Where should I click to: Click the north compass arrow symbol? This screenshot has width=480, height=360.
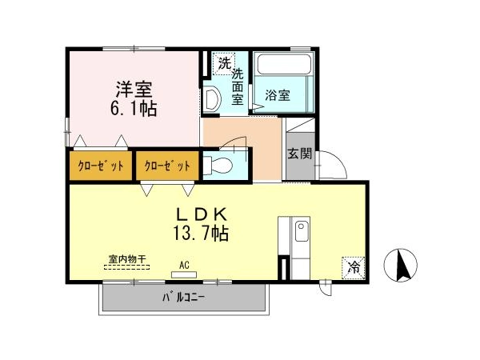401,265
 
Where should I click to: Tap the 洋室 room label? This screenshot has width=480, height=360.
134,90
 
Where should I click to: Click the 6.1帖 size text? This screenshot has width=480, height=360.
134,108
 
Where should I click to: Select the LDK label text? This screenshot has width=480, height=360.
202,214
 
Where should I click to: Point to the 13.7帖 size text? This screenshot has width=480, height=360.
201,234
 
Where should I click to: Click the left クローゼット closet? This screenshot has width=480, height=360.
101,166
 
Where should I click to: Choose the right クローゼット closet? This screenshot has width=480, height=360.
167,166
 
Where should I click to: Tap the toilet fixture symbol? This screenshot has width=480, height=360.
218,166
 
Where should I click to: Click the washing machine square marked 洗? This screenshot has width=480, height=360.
224,64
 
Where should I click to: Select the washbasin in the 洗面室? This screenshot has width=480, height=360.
213,98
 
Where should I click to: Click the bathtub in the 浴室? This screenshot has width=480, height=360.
284,64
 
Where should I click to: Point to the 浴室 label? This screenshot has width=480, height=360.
278,95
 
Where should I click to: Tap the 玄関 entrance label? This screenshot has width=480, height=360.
300,154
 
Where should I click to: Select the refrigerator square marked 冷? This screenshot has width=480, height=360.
354,267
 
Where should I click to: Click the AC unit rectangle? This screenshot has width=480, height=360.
184,274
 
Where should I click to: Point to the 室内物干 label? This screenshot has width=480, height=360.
127,259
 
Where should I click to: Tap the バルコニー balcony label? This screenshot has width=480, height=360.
183,297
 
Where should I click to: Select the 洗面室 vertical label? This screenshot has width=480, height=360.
238,87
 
